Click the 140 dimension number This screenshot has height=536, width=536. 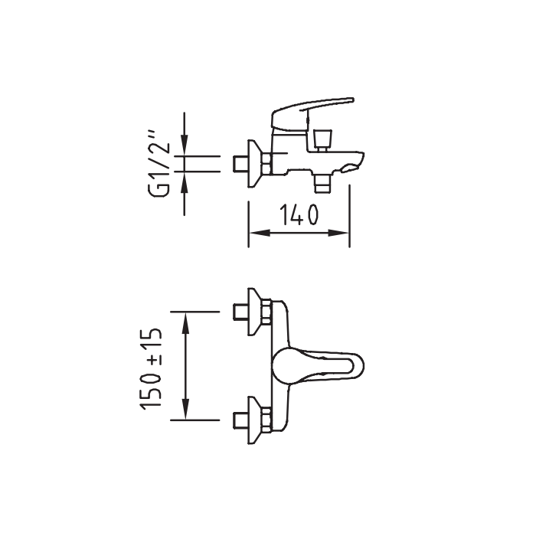click(x=299, y=214)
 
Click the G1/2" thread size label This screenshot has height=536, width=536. click(x=159, y=163)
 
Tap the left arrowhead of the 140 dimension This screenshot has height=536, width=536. click(x=260, y=233)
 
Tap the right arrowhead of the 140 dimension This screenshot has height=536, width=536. click(x=338, y=233)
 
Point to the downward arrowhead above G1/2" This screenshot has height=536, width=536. click(x=185, y=145)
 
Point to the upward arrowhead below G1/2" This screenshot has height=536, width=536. click(x=185, y=182)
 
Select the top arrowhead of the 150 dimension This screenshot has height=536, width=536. click(x=185, y=322)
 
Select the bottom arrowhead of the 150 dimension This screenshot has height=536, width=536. click(x=185, y=409)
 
